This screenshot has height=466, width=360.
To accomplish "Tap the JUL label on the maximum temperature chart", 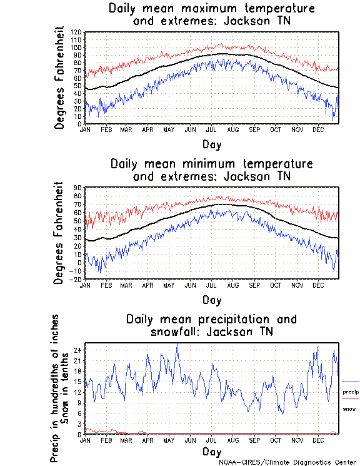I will tap(211, 129).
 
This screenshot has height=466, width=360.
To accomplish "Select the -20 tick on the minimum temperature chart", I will tap(77, 280).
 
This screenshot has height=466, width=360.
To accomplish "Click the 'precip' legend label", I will tap(351, 392).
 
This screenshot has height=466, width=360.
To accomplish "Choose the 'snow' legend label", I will tap(350, 408).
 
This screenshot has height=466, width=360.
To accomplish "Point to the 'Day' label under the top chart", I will tap(211, 144).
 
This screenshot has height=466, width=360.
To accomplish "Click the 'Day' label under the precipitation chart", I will tap(211, 451).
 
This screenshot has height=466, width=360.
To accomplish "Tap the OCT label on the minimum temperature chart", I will tap(276, 285).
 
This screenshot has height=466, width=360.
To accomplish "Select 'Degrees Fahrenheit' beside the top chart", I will tap(59, 78).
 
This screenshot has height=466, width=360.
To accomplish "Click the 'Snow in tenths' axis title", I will tap(66, 388).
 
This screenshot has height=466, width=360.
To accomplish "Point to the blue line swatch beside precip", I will tap(351, 382).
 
